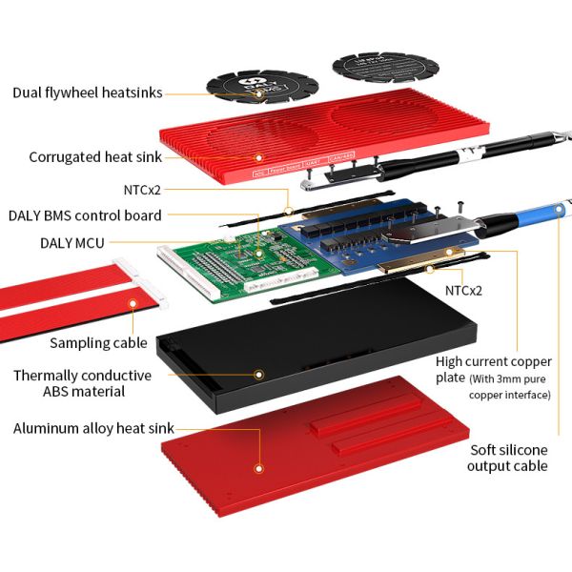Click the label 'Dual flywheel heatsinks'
(87, 92)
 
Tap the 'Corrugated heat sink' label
(95, 157)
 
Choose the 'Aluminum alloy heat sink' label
(93, 428)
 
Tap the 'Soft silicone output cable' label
(508, 458)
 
